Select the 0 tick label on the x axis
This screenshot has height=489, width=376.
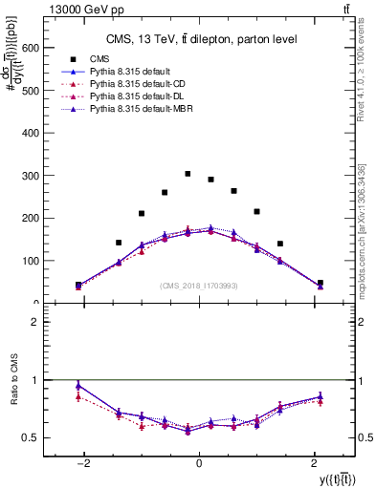pyautogui.click(x=199, y=464)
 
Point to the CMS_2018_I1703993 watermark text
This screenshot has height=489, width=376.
pyautogui.click(x=199, y=286)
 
